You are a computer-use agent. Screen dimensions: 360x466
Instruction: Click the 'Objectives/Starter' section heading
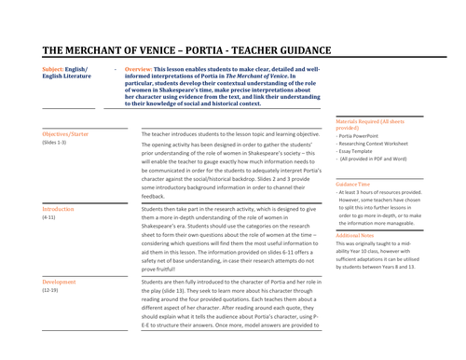pyautogui.click(x=67, y=134)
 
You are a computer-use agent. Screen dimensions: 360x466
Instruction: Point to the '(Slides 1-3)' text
pyautogui.click(x=54, y=143)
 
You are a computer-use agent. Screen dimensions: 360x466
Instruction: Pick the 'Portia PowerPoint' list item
pyautogui.click(x=363, y=136)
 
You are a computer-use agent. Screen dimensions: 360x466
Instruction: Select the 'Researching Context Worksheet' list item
pyautogui.click(x=377, y=146)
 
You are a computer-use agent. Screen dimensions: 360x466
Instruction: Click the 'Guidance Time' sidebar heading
pyautogui.click(x=353, y=184)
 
